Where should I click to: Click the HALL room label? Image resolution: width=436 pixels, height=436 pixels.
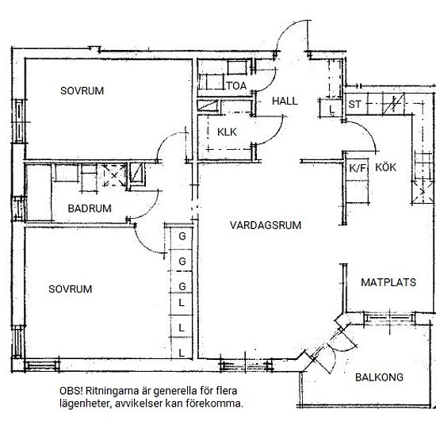[x=285, y=101]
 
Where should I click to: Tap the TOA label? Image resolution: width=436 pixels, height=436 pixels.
[x=236, y=86]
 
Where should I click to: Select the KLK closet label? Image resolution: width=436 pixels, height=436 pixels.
[x=227, y=132]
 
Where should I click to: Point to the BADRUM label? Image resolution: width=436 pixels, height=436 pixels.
[x=90, y=208]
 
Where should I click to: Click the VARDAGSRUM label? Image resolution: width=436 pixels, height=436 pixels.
[x=266, y=225]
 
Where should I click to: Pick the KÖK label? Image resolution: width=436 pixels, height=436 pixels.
[x=386, y=166]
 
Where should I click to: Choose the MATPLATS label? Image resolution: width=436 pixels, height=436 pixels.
[x=388, y=282]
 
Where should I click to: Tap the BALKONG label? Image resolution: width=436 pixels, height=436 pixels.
[x=379, y=377]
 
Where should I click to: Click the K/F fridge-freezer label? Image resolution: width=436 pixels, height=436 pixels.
[x=358, y=168]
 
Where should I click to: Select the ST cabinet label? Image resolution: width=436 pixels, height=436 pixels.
[x=354, y=105]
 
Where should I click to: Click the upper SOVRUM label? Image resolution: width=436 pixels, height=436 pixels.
[x=82, y=91]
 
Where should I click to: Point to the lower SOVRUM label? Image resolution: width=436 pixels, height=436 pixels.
[x=71, y=289]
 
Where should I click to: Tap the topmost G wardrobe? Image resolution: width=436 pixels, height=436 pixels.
[x=182, y=236]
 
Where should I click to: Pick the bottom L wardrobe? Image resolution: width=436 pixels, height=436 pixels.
[x=182, y=353]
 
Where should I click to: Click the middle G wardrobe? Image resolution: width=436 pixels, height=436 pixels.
[x=182, y=262]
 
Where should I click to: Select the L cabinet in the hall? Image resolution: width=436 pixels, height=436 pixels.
[x=331, y=109]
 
